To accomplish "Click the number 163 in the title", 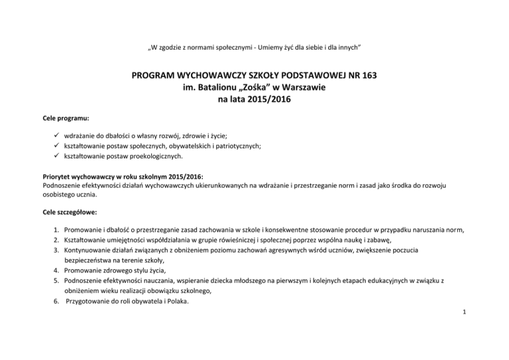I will tap(364, 76).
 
